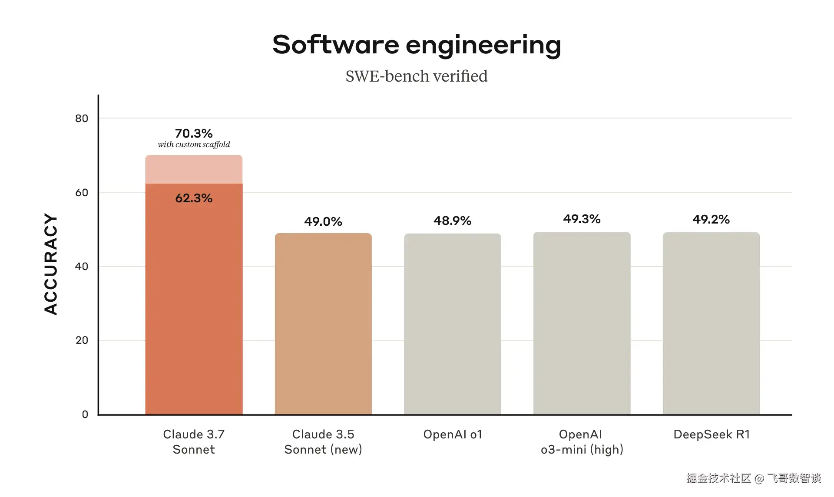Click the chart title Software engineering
point(417,45)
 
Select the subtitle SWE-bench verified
point(417,76)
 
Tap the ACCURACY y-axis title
point(51,264)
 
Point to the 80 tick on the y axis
point(82,118)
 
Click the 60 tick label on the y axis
point(82,193)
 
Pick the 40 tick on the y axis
point(82,267)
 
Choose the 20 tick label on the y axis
point(82,340)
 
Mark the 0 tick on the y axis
point(85,415)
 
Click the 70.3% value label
point(194,133)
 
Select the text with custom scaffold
point(194,145)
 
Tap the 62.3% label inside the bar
point(194,198)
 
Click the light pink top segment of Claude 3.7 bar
point(194,169)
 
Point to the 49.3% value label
point(582,219)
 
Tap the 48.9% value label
point(453,221)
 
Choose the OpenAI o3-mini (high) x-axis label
point(582,442)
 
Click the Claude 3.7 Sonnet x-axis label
point(194,442)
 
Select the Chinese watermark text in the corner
point(753,478)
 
